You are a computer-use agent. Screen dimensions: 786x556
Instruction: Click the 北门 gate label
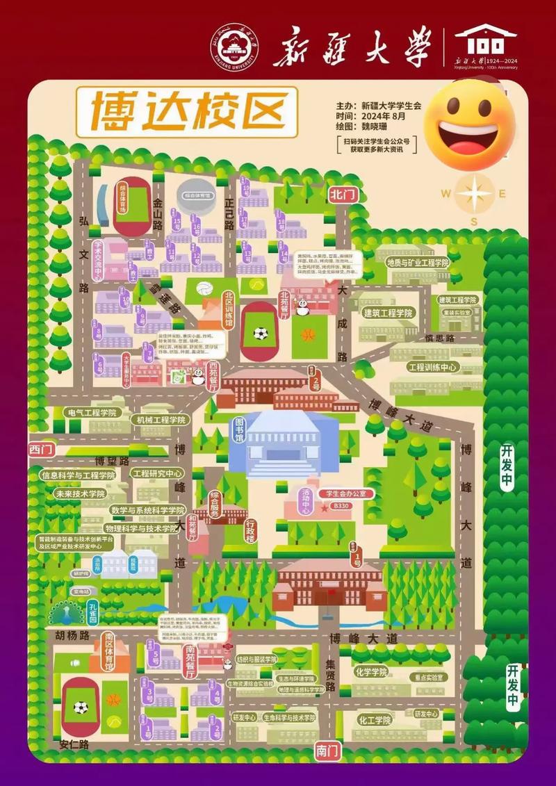343,195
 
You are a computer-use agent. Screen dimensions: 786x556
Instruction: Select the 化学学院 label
370,672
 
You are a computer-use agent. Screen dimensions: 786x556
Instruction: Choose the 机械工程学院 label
161,420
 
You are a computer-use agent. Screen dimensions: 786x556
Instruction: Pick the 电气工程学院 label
90,413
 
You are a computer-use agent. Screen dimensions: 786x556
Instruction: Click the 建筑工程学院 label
389,313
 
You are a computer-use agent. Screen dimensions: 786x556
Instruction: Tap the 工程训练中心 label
432,367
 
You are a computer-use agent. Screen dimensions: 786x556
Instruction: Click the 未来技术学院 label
80,493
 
